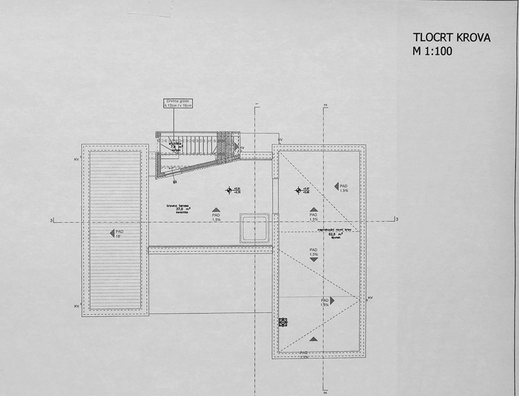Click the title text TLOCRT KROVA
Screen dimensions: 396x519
452,38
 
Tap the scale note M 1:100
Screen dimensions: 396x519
432,51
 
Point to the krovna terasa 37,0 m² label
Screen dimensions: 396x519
179,209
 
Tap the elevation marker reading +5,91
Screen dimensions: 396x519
229,190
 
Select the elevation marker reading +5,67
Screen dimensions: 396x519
298,190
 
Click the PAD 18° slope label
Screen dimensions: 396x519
119,234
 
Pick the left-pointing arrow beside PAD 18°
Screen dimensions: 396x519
112,233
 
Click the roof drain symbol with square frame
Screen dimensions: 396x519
283,322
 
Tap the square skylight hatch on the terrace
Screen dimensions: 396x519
255,228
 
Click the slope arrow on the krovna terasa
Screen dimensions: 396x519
216,209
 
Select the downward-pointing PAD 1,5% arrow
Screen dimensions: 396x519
314,259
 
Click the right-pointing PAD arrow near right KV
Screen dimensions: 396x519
332,300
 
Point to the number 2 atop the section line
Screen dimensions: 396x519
325,104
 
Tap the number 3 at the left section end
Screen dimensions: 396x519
51,220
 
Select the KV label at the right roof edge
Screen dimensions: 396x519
370,298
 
